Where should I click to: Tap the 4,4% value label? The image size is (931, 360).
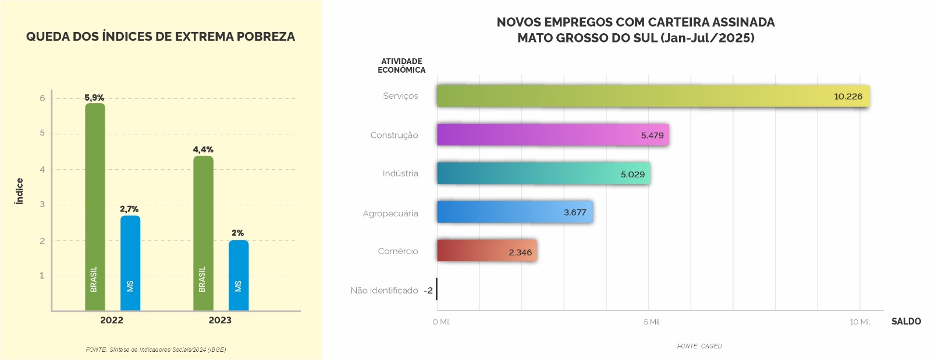point(203,149)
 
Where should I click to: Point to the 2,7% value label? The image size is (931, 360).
point(129,209)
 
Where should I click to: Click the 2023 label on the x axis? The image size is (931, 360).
point(220,320)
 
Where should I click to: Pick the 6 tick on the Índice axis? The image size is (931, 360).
point(42,98)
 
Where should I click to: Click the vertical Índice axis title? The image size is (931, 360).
point(19,191)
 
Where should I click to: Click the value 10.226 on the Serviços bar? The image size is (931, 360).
point(848,97)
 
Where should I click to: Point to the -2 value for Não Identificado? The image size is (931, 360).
point(428,290)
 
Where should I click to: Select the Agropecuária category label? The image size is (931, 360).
point(390,213)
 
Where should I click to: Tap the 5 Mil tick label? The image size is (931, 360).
point(651,322)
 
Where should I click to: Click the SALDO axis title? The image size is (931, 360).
point(906,321)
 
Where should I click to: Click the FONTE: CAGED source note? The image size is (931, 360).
point(699,346)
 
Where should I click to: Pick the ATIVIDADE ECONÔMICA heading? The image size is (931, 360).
point(401,65)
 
